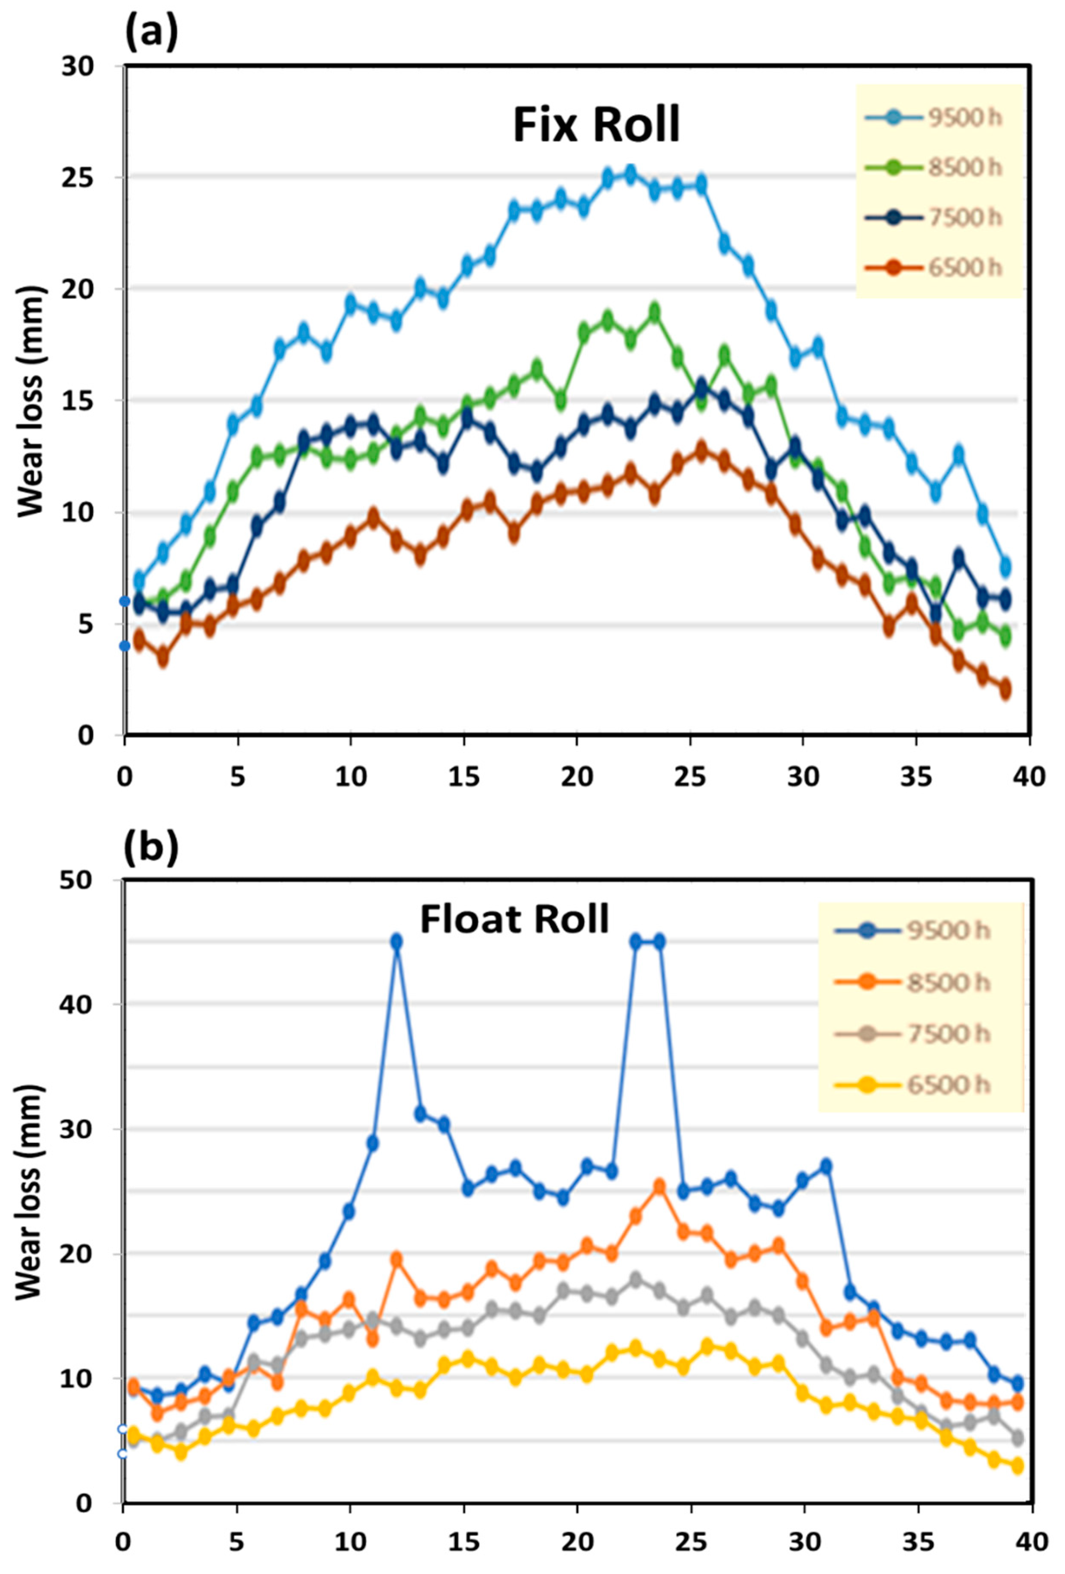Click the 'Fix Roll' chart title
point(596,125)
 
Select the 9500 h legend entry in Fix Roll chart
point(931,118)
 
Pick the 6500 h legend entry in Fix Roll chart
point(931,267)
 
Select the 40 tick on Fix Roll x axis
point(1029,777)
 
